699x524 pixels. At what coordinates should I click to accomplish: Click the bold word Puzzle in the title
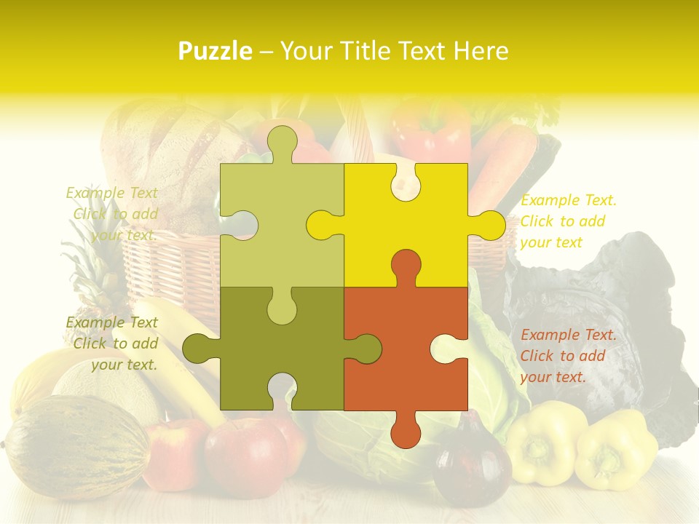click(x=216, y=51)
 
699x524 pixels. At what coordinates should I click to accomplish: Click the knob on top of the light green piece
click(x=282, y=142)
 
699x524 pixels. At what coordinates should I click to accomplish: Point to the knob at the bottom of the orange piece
click(x=406, y=429)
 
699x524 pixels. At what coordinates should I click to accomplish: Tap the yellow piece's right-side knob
click(x=488, y=225)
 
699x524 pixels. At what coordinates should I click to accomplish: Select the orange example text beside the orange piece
click(x=567, y=356)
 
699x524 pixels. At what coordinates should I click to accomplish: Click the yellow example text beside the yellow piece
click(x=568, y=221)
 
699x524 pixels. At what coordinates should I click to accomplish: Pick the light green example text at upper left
click(x=114, y=214)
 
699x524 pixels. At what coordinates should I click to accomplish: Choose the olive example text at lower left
click(x=114, y=344)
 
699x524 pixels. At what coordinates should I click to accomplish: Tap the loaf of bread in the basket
click(x=167, y=160)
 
